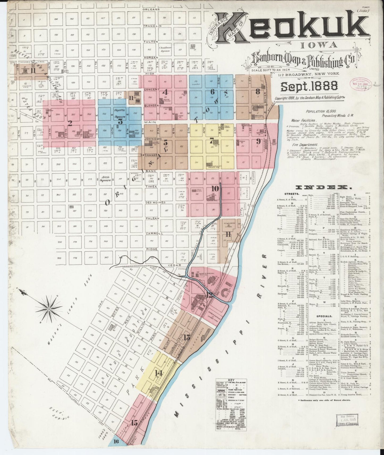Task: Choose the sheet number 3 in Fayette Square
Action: coord(120,121)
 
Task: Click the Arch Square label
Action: coord(106,178)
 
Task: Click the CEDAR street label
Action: coord(174,265)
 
